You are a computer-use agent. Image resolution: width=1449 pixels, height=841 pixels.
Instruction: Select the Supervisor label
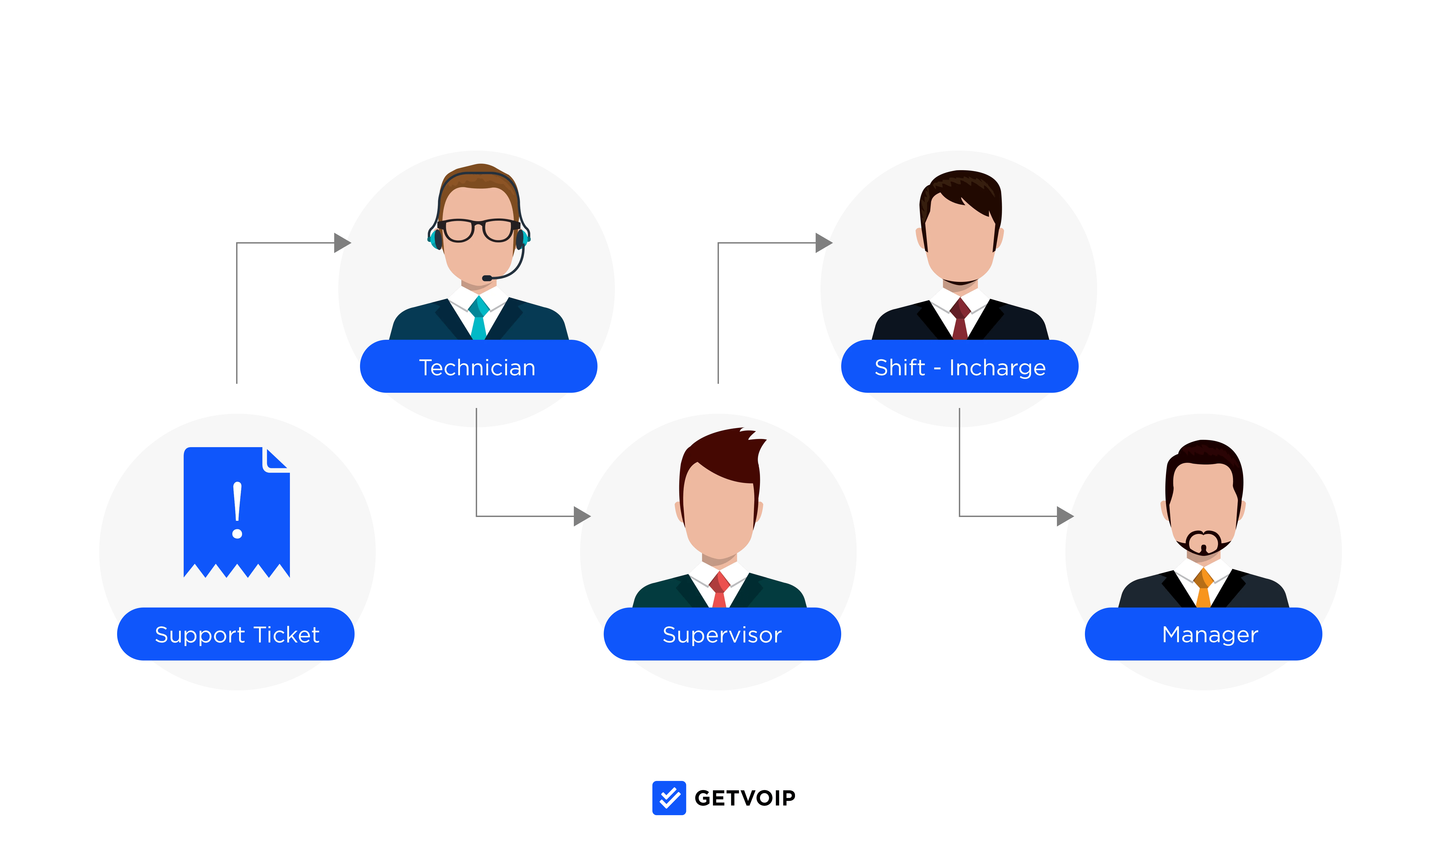[x=722, y=634]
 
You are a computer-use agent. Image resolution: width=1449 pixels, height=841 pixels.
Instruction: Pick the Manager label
[x=1210, y=634]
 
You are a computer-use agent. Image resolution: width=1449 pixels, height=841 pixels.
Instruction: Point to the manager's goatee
[x=1203, y=544]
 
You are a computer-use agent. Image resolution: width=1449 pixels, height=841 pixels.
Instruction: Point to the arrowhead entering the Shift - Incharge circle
[x=824, y=243]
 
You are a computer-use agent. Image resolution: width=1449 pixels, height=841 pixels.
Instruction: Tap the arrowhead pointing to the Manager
[x=1065, y=516]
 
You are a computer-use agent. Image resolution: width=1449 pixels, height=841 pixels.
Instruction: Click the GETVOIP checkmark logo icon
[x=669, y=798]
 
